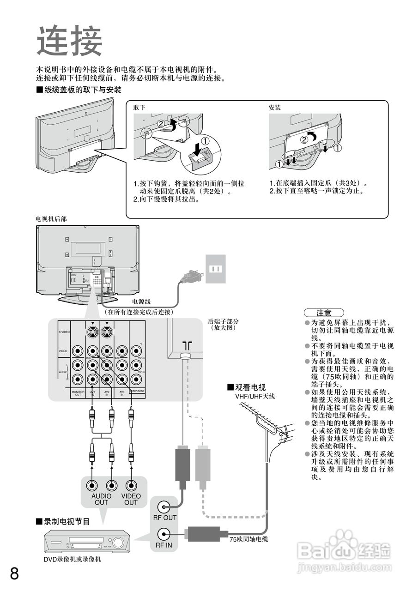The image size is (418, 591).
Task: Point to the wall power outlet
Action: (215, 269)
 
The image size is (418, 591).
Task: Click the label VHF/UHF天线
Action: (255, 396)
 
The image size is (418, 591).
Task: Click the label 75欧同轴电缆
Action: (248, 539)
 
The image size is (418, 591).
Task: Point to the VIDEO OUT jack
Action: (131, 486)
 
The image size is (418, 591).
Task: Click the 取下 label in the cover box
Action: (139, 108)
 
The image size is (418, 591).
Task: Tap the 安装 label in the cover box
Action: (275, 108)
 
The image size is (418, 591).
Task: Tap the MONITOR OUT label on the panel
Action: (78, 393)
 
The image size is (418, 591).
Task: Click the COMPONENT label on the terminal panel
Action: (137, 391)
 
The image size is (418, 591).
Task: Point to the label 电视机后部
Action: (51, 219)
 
